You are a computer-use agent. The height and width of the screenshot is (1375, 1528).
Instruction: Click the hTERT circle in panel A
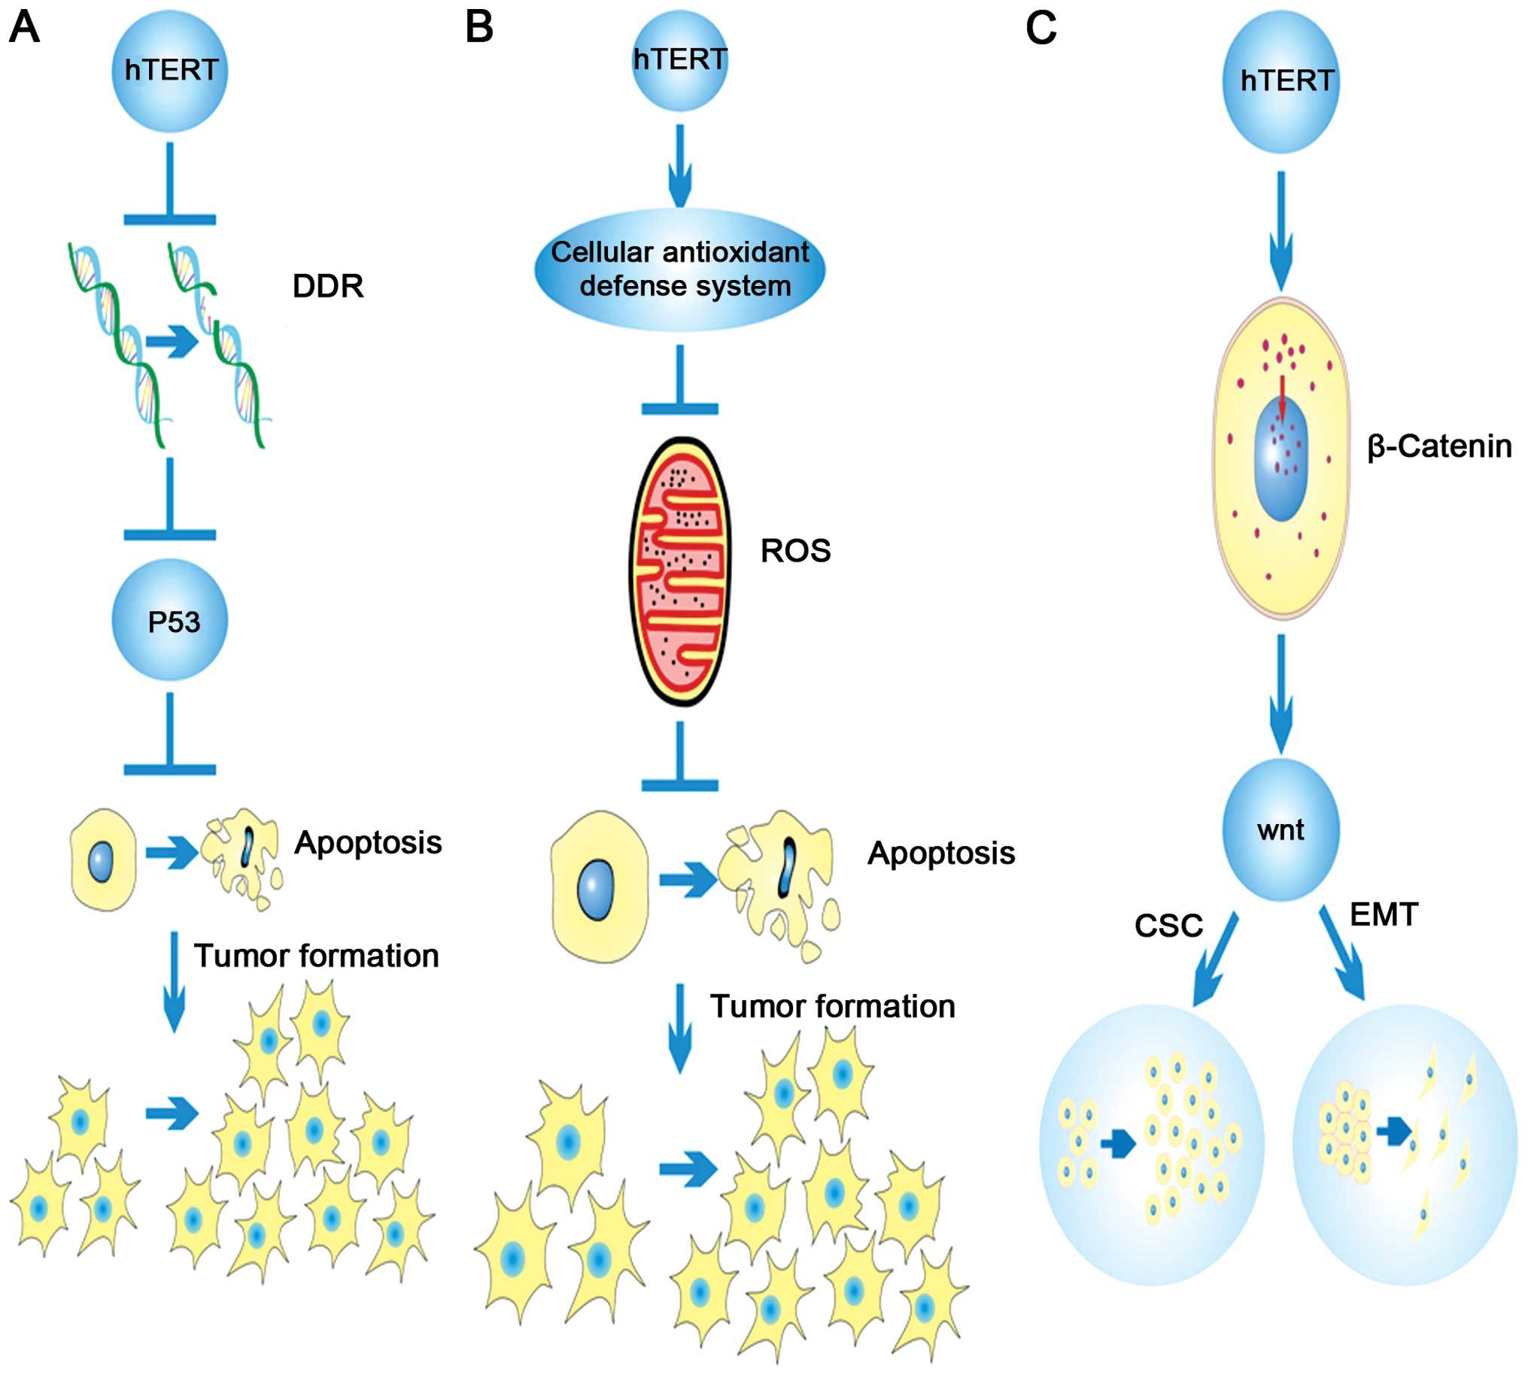[x=170, y=71]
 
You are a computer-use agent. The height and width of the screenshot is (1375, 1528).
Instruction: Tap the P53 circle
[x=170, y=619]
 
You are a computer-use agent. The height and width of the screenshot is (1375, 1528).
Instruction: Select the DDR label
[x=328, y=286]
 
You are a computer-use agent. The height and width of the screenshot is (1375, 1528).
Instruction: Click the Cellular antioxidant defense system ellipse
[x=679, y=269]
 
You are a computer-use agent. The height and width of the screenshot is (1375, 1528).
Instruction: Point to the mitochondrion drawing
[x=680, y=571]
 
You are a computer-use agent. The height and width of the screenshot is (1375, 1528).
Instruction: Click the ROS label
[x=795, y=551]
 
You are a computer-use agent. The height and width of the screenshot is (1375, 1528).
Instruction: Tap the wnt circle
[x=1281, y=829]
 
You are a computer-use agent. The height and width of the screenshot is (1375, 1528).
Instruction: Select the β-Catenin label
[x=1440, y=446]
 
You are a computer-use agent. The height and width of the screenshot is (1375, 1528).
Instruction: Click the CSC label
[x=1168, y=926]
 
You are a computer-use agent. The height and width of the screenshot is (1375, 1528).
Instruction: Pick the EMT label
[x=1384, y=915]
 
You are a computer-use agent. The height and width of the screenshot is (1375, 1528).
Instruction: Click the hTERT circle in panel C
[x=1281, y=81]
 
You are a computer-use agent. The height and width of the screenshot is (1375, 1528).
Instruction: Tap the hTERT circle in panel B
[x=679, y=60]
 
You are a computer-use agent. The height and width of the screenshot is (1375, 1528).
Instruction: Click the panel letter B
[x=479, y=27]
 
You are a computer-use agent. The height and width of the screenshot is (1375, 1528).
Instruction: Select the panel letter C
[x=1040, y=29]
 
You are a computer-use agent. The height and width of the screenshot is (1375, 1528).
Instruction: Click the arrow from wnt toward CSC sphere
[x=1214, y=960]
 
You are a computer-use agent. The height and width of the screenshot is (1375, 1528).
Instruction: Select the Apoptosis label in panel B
[x=941, y=853]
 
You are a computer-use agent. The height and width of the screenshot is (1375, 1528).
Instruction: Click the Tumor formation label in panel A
[x=317, y=956]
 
